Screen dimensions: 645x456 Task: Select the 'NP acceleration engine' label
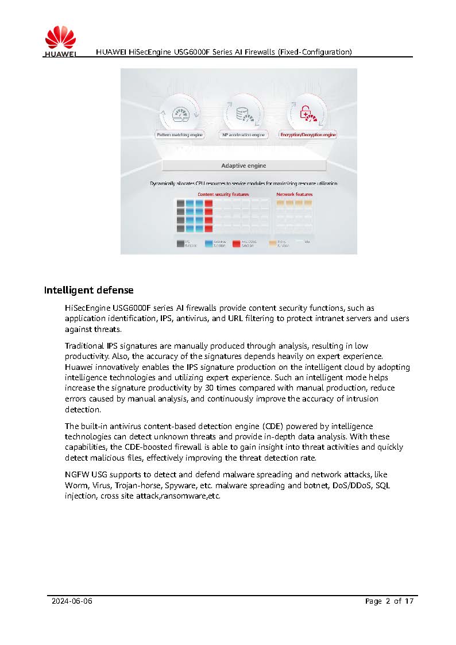[244, 135]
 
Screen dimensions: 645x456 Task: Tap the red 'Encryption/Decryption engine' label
[308, 135]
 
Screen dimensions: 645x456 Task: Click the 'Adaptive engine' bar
[244, 165]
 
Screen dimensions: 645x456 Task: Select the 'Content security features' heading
[223, 195]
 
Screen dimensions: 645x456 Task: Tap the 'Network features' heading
[295, 195]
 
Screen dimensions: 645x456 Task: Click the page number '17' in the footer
[408, 601]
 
